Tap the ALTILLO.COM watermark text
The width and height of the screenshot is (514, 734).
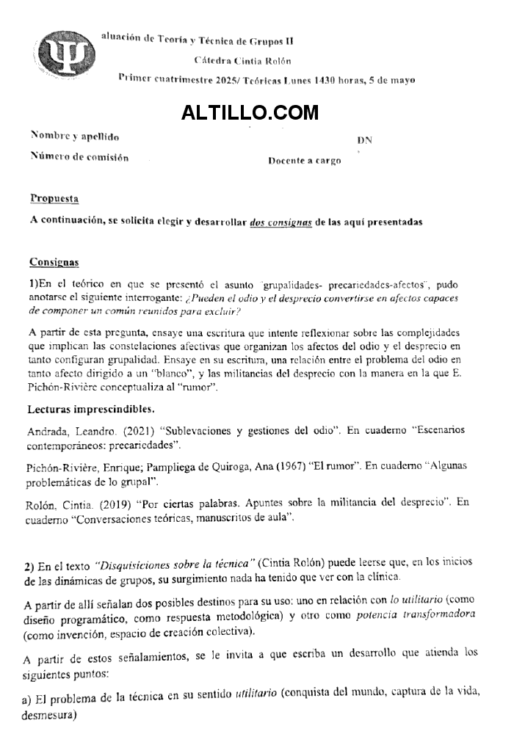250,112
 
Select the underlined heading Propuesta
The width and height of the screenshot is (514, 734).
54,198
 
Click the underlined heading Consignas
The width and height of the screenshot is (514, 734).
54,262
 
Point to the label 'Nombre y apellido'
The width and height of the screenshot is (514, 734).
75,136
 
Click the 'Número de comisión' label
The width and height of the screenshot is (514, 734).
79,156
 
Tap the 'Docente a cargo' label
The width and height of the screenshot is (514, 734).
304,160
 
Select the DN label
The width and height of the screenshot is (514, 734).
364,139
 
